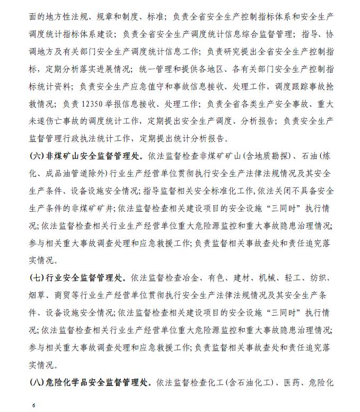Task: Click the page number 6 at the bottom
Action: pos(33,405)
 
